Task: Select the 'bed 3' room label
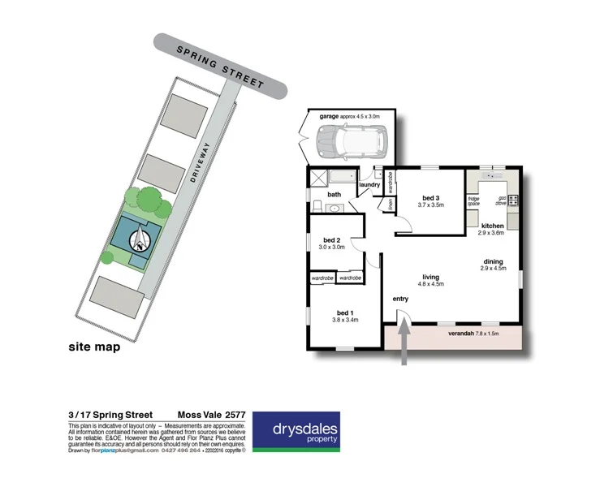click(x=431, y=197)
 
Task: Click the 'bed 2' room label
click(x=331, y=240)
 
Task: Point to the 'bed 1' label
click(x=345, y=312)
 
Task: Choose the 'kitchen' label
click(x=493, y=226)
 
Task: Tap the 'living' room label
click(x=430, y=277)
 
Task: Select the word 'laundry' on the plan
click(x=369, y=185)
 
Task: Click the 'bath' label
click(x=334, y=195)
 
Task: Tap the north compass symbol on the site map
click(x=142, y=239)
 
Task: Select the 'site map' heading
click(x=93, y=347)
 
